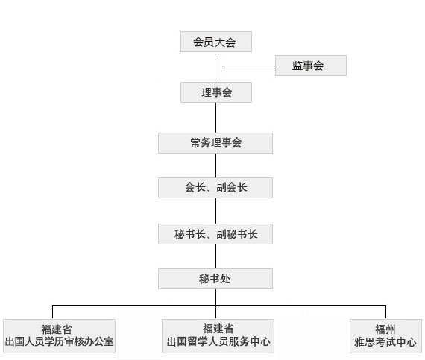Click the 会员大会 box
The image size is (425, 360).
[x=216, y=42]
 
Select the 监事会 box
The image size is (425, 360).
[x=311, y=66]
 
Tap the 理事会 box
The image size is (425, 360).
[x=216, y=92]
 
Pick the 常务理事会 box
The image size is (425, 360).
[x=215, y=143]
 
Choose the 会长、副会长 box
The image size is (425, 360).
[x=215, y=188]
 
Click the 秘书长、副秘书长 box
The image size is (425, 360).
[x=215, y=234]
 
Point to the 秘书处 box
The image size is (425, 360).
[x=215, y=279]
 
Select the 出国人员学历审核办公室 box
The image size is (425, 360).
[x=59, y=336]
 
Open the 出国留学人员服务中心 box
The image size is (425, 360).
[x=218, y=336]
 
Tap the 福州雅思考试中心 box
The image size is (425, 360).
[x=385, y=336]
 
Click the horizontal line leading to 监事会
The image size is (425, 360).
[x=249, y=66]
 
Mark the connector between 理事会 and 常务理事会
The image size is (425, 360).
[x=215, y=118]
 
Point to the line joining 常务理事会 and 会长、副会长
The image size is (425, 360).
[x=215, y=165]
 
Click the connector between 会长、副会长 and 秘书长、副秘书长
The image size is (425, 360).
[x=215, y=211]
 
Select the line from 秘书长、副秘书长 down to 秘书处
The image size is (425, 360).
[x=215, y=256]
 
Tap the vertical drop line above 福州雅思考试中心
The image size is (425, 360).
[x=385, y=312]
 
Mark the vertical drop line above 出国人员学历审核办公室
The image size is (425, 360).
[x=52, y=312]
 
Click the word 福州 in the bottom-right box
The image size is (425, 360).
[x=385, y=329]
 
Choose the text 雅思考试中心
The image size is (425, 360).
[x=385, y=342]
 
